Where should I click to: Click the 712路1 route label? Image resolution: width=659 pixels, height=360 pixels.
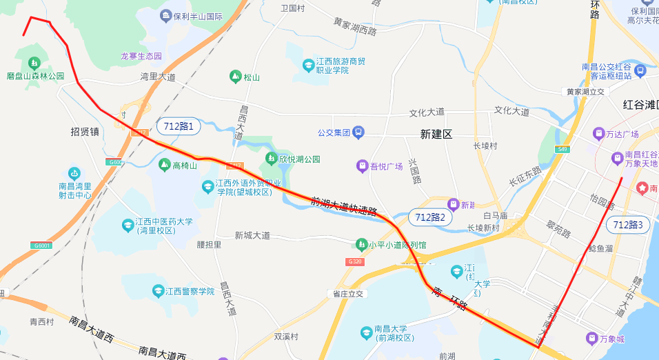pos(179,126)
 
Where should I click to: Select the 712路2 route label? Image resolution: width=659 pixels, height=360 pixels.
pos(432,217)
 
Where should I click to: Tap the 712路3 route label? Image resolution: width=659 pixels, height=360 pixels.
pos(627,225)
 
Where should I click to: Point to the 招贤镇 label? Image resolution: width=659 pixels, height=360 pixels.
pos(85,131)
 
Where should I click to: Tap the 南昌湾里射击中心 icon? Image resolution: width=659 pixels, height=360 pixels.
pos(74,173)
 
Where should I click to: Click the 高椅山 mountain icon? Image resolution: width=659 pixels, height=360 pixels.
pos(164,165)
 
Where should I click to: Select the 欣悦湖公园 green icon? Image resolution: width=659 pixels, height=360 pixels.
pos(272,159)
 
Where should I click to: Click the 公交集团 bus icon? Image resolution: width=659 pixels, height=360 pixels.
pos(358,131)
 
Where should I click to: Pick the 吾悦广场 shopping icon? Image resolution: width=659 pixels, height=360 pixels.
pos(362,166)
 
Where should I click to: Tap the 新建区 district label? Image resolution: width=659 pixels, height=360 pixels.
pos(436,134)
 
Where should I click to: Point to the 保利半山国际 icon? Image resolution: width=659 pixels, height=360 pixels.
pos(165,15)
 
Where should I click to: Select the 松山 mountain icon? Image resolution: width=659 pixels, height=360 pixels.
pos(235,77)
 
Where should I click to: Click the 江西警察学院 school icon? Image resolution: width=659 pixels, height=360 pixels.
pos(159,291)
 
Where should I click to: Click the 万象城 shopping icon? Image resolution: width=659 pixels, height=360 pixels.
pos(591,338)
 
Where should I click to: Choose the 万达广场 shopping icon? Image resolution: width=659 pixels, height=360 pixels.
pos(598,133)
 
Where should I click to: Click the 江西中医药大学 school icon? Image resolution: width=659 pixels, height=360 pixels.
pos(128,226)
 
